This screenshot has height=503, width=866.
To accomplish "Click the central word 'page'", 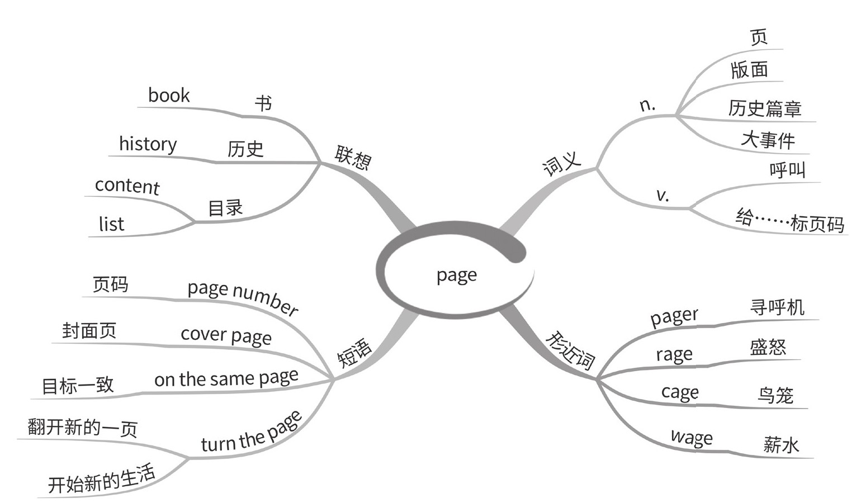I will pyautogui.click(x=456, y=276).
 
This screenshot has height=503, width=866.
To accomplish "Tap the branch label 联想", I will pyautogui.click(x=353, y=157).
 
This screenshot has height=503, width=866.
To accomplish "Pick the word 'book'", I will pyautogui.click(x=169, y=96).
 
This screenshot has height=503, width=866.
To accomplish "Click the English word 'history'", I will pyautogui.click(x=148, y=144).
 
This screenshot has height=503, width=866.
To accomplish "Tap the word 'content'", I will pyautogui.click(x=127, y=186).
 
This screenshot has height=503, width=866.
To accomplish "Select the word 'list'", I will pyautogui.click(x=111, y=224).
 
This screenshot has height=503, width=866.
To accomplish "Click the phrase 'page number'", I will pyautogui.click(x=243, y=296).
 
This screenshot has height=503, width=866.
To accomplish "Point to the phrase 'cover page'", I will pyautogui.click(x=226, y=335).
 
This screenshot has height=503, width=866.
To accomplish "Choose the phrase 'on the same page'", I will pyautogui.click(x=226, y=379).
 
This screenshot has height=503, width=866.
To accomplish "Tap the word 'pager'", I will pyautogui.click(x=674, y=317).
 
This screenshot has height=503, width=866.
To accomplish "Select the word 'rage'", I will pyautogui.click(x=674, y=355).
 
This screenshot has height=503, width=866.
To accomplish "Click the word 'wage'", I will pyautogui.click(x=692, y=437).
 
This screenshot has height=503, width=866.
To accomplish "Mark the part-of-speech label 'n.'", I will pyautogui.click(x=647, y=105).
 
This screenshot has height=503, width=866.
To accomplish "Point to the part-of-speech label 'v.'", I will pyautogui.click(x=662, y=195).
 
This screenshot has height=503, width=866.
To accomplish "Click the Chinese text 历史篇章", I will pyautogui.click(x=764, y=108).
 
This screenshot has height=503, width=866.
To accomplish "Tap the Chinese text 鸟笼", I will pyautogui.click(x=775, y=395).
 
